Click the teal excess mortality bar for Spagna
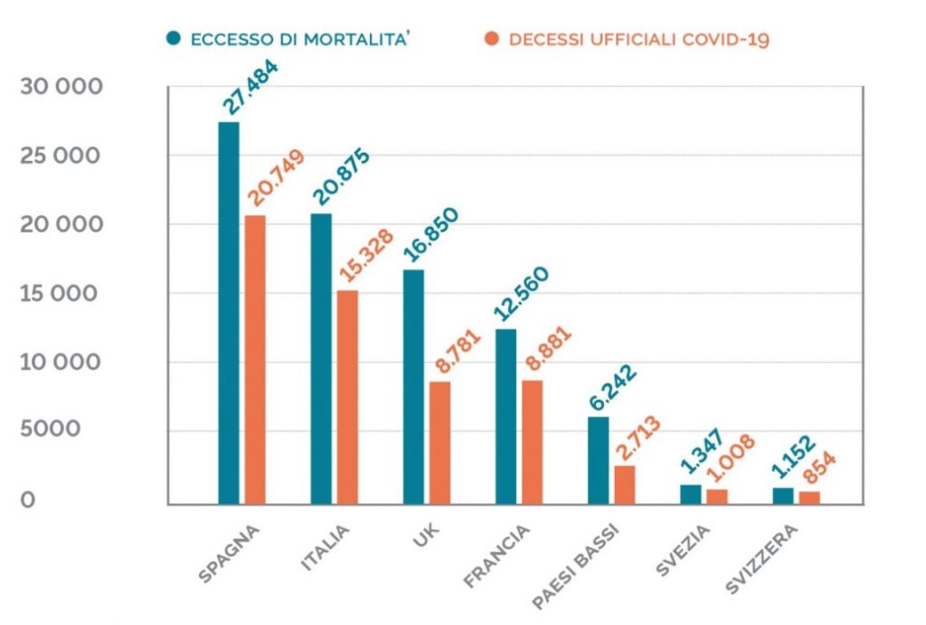229,312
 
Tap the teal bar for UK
413,386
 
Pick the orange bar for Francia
533,441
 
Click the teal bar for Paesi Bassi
598,459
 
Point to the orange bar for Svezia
717,496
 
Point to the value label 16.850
430,238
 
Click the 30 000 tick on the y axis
61,87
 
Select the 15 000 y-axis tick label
61,294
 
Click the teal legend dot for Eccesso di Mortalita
174,39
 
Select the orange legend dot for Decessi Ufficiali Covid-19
492,39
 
